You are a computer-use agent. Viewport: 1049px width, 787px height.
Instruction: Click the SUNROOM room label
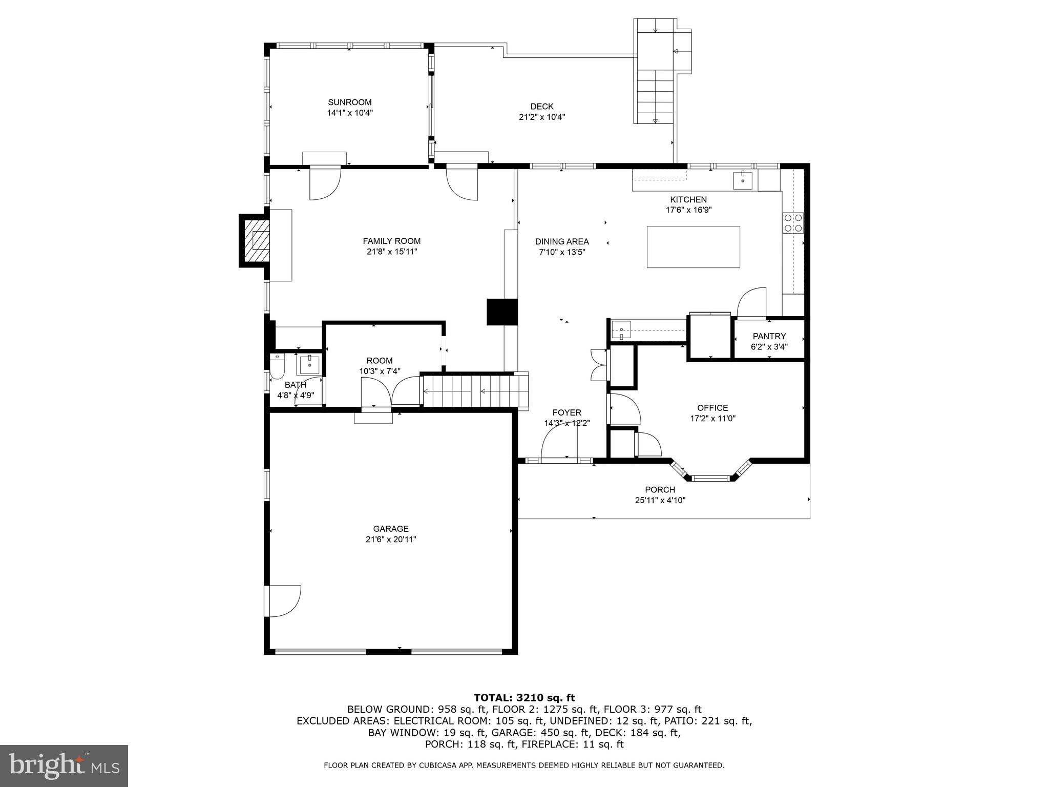[350, 102]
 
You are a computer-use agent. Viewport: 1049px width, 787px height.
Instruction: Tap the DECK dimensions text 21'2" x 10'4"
[541, 117]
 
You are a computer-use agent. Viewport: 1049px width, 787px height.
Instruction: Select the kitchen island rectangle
[693, 247]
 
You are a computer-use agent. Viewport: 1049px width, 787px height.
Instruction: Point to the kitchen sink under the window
[743, 181]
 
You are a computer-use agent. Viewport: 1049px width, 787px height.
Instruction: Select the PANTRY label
[769, 336]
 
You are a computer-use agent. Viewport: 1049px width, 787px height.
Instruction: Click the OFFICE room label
[712, 408]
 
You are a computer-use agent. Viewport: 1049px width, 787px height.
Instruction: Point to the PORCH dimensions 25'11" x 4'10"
[660, 501]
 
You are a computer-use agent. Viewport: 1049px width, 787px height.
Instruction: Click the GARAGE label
[391, 529]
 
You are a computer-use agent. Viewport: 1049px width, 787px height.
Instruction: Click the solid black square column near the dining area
[501, 312]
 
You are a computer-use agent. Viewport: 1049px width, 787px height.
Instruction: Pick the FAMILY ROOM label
[392, 241]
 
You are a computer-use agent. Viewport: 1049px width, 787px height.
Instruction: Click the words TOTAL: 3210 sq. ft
[524, 698]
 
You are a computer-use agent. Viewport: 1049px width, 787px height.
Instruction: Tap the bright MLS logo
[64, 766]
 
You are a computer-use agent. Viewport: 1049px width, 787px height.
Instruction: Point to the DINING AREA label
[562, 241]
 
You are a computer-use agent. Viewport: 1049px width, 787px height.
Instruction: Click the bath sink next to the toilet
[309, 365]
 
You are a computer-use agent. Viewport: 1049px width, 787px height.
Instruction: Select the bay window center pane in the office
[710, 479]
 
